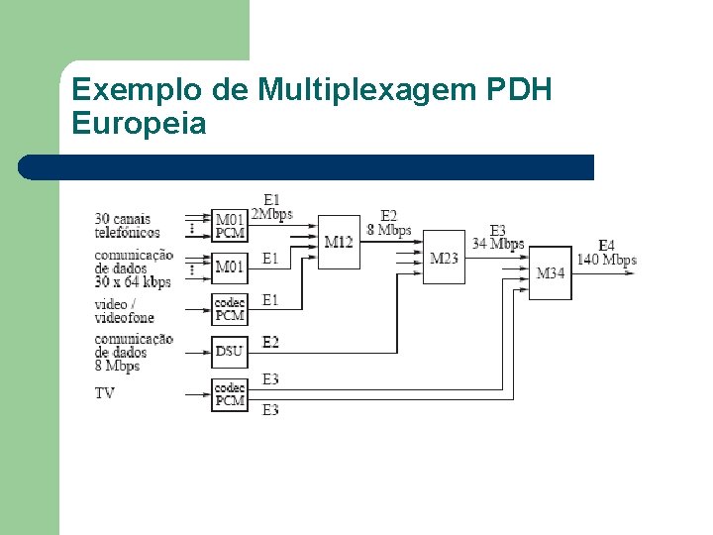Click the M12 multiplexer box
339,241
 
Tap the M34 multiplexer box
551,272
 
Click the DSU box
229,351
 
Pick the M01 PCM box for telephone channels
229,226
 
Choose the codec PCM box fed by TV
229,394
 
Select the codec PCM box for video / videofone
229,309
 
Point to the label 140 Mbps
607,261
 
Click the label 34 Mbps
498,244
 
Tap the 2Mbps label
271,215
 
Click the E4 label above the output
606,246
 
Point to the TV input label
104,393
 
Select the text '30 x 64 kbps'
133,281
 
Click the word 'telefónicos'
127,233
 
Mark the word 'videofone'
124,318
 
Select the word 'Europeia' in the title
139,124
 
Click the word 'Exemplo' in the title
138,91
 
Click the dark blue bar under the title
307,167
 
